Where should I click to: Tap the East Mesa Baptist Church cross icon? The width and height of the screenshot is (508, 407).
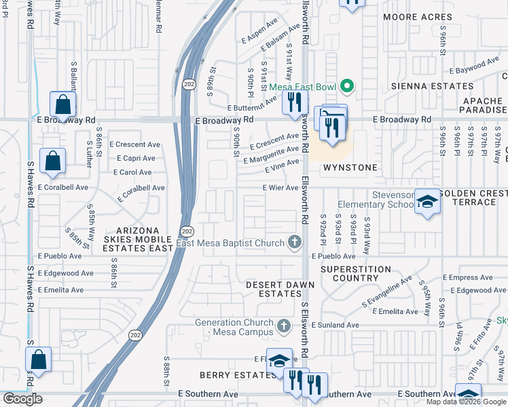(294, 241)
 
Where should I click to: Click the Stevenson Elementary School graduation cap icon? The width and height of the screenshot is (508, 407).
(427, 201)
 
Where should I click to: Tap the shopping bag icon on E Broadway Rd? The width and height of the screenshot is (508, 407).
(62, 105)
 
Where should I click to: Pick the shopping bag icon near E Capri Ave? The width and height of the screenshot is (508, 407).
(52, 161)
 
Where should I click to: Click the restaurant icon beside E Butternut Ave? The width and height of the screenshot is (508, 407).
(294, 102)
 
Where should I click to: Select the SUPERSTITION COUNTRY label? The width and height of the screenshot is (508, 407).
(356, 273)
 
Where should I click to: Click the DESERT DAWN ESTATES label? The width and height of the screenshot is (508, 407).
(274, 289)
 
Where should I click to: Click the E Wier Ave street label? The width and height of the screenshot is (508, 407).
(280, 188)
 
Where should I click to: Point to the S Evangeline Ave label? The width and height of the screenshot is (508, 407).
(388, 290)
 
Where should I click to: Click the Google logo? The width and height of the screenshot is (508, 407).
(22, 399)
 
